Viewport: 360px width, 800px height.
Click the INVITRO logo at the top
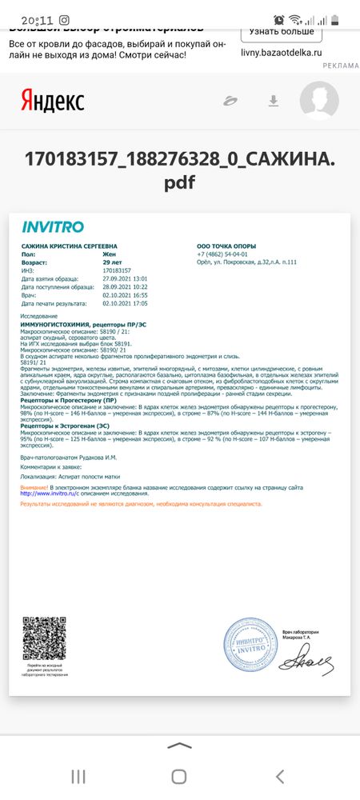52,226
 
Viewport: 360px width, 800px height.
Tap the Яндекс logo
52,102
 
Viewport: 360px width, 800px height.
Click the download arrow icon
273,101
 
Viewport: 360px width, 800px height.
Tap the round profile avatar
318,101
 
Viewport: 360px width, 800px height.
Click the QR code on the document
43,638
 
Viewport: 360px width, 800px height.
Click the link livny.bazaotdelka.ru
281,51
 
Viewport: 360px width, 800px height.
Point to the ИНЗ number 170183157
118,270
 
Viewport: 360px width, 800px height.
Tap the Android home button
179,776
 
